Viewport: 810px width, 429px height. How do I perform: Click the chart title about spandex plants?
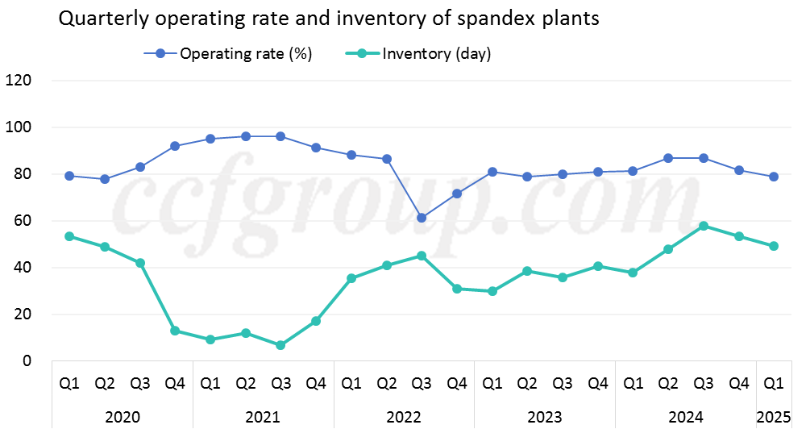(330, 19)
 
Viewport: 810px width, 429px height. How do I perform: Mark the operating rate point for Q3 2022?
(421, 218)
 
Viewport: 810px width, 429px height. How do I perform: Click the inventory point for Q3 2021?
(280, 345)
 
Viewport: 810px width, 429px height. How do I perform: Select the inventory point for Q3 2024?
(703, 226)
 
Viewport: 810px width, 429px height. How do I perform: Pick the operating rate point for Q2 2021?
(245, 136)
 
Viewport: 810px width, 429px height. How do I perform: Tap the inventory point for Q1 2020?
(69, 236)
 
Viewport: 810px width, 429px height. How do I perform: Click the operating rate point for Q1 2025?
(774, 177)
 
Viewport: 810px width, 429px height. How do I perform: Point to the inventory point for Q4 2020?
(175, 331)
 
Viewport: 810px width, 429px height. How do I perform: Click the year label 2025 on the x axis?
(774, 417)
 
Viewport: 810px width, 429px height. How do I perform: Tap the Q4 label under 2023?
(597, 384)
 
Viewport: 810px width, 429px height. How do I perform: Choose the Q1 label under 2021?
(210, 384)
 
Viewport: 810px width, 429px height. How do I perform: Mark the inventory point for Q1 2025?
(774, 246)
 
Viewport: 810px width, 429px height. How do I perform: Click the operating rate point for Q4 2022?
(456, 194)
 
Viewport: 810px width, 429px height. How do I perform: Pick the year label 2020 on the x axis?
(122, 417)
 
